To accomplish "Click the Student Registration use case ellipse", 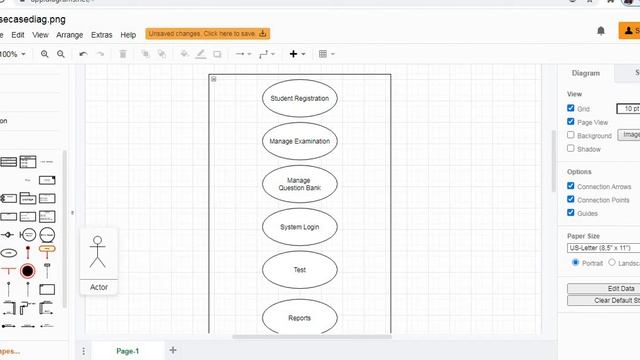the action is point(300,98).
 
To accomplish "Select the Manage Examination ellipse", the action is point(300,141).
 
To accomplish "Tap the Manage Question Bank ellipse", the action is point(300,184).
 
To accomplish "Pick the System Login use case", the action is point(300,227).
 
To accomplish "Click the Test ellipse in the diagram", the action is point(300,270).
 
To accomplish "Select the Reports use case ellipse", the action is point(300,318).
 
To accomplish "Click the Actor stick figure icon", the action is point(98,252).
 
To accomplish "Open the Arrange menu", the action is point(70,35).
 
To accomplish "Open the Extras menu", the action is point(101,35).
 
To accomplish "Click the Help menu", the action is point(128,35).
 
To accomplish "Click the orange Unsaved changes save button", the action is point(208,34).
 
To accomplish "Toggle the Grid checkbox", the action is point(571,108).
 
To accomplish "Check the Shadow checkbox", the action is point(571,148).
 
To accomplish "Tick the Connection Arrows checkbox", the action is point(571,186).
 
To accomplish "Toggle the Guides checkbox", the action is point(571,212).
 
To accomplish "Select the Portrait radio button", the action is point(576,262).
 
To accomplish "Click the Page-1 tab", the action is point(128,351).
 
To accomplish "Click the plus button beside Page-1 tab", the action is point(173,351).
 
